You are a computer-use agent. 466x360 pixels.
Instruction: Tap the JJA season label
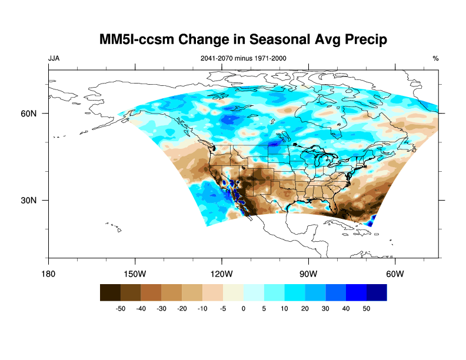[x=54, y=59]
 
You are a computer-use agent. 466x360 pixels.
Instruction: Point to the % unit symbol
[x=435, y=59]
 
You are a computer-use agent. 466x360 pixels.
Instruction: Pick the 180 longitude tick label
[x=48, y=274]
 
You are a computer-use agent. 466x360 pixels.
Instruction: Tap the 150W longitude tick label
[x=135, y=274]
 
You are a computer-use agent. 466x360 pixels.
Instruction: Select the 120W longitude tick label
[x=221, y=274]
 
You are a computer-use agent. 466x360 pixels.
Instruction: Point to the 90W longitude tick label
[x=308, y=274]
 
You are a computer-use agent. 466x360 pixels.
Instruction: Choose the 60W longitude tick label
[x=394, y=274]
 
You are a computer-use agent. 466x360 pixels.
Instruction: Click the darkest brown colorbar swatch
[x=110, y=292]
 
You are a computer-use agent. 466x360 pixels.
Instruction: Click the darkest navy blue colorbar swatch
[x=377, y=292]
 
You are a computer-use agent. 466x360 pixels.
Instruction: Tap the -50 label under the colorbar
[x=121, y=308]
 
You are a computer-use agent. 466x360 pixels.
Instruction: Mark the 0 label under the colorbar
[x=244, y=308]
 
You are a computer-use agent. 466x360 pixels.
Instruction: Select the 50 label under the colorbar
[x=366, y=308]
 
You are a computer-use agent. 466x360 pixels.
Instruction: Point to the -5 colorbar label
[x=223, y=308]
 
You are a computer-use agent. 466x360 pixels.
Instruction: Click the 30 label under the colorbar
[x=325, y=308]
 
